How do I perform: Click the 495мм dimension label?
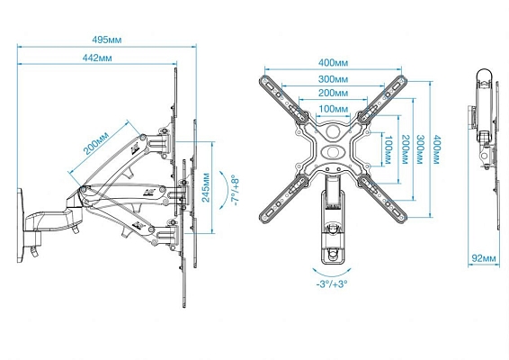107,40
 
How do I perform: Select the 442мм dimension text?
97,58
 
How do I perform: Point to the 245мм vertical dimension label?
206,188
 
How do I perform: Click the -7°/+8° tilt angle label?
235,192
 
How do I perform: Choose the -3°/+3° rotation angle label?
332,283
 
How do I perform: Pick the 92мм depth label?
484,258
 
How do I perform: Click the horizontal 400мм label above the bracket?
333,62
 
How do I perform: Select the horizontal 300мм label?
333,79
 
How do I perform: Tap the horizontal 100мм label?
333,109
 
